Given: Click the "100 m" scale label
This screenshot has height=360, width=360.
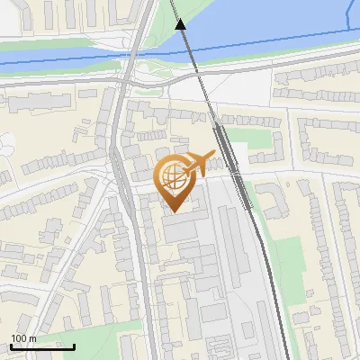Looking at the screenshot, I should click(23, 338).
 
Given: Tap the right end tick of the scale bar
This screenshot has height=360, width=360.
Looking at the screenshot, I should click(74, 346).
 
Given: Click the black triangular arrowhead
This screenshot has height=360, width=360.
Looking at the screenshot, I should click(181, 24).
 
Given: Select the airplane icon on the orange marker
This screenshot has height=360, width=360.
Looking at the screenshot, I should click(201, 163).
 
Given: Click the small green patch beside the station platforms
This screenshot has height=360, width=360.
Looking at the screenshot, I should click(256, 138).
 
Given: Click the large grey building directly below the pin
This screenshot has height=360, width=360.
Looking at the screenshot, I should click(180, 230).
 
